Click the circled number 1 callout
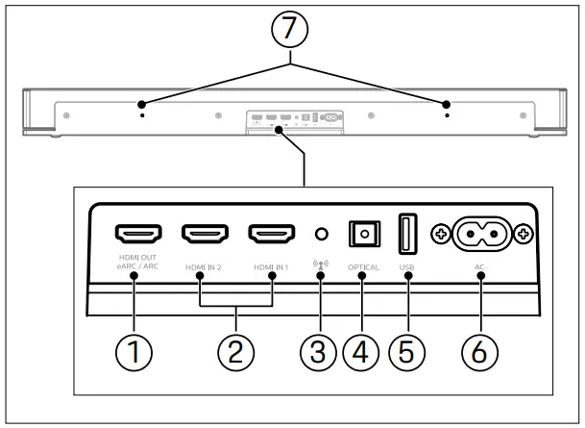pyautogui.click(x=135, y=352)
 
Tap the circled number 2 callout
pyautogui.click(x=236, y=352)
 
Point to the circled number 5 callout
pyautogui.click(x=407, y=352)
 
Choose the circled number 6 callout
pyautogui.click(x=477, y=352)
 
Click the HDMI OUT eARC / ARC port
pyautogui.click(x=138, y=234)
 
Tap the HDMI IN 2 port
pyautogui.click(x=205, y=234)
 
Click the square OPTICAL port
pyautogui.click(x=363, y=234)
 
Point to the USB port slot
pyautogui.click(x=407, y=234)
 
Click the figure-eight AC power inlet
pyautogui.click(x=477, y=234)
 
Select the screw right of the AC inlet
pyautogui.click(x=523, y=234)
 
